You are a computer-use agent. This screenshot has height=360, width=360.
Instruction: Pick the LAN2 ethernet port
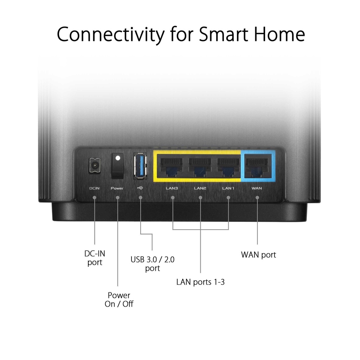click(x=200, y=167)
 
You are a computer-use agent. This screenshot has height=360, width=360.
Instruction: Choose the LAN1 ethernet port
click(x=228, y=167)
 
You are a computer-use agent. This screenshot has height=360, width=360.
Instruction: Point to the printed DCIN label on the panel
click(x=94, y=188)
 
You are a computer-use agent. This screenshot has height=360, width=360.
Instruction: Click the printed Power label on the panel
click(x=117, y=188)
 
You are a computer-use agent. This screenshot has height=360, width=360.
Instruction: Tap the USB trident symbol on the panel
click(x=140, y=188)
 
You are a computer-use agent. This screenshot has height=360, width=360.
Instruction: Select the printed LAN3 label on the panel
click(x=172, y=188)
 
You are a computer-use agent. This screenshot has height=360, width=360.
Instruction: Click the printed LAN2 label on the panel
click(x=200, y=188)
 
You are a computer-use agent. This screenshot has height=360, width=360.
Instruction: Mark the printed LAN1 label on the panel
click(x=228, y=188)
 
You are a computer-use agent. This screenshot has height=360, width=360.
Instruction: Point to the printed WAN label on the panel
click(x=257, y=188)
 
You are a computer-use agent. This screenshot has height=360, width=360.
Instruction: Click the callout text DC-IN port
click(x=95, y=258)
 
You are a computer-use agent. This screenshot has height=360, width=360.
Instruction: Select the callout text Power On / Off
click(x=119, y=300)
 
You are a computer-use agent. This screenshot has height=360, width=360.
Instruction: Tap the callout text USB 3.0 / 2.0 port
click(x=153, y=264)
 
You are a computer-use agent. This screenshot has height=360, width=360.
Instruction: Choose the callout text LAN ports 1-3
click(x=200, y=282)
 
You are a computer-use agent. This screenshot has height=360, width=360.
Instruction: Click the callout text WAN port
click(x=258, y=255)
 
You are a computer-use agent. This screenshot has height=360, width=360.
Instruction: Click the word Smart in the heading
click(x=224, y=34)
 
